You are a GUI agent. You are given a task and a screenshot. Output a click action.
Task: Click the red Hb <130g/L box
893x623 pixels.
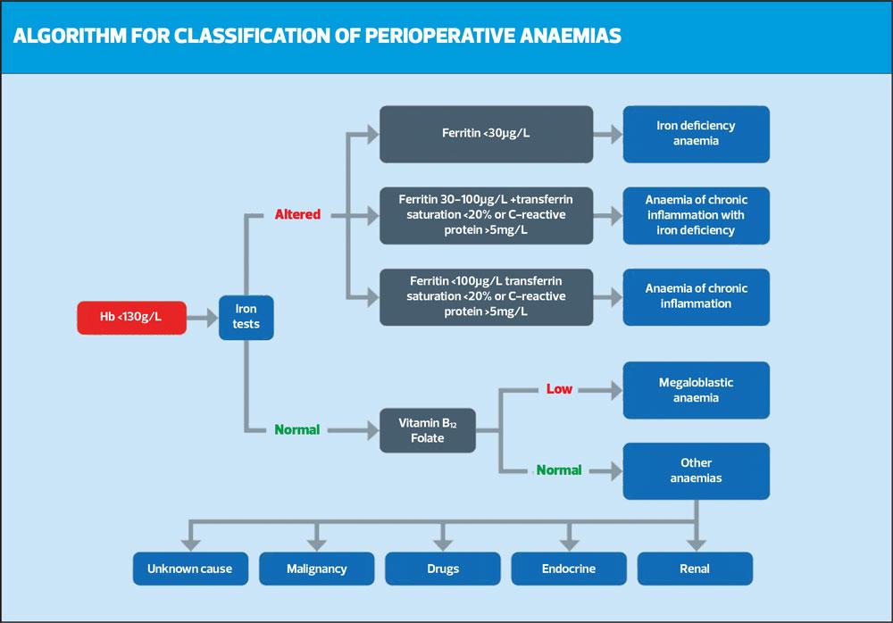pyautogui.click(x=132, y=317)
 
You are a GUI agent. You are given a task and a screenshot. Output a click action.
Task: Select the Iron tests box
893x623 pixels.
pyautogui.click(x=246, y=317)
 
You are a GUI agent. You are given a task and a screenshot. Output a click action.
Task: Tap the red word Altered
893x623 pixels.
pyautogui.click(x=298, y=214)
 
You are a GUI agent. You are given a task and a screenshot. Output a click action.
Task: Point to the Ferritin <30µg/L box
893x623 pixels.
pyautogui.click(x=486, y=134)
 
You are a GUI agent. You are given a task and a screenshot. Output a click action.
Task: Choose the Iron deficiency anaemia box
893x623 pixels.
pyautogui.click(x=696, y=134)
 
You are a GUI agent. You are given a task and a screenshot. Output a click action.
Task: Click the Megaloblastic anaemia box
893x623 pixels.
pyautogui.click(x=696, y=390)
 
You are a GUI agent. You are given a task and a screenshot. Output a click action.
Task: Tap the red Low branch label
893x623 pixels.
pyautogui.click(x=559, y=389)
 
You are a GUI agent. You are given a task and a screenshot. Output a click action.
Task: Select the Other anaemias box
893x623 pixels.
pyautogui.click(x=696, y=470)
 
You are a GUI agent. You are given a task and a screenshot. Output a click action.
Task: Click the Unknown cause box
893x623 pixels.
pyautogui.click(x=189, y=569)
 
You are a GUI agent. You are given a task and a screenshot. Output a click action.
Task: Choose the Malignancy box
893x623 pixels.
pyautogui.click(x=316, y=569)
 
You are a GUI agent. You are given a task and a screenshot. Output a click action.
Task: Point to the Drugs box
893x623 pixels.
pyautogui.click(x=442, y=569)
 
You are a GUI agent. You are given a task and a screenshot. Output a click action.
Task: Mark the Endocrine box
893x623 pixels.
pyautogui.click(x=568, y=569)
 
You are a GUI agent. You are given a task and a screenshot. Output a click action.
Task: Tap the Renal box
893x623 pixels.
pyautogui.click(x=695, y=569)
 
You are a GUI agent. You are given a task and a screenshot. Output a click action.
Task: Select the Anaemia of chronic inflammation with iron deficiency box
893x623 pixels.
pyautogui.click(x=696, y=215)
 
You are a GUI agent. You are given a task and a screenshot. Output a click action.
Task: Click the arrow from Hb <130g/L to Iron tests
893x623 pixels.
pyautogui.click(x=203, y=317)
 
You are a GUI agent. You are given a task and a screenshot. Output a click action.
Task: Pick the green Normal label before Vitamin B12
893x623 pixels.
pyautogui.click(x=296, y=429)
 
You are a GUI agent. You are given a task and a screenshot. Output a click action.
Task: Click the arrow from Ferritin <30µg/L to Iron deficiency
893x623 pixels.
pyautogui.click(x=607, y=134)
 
